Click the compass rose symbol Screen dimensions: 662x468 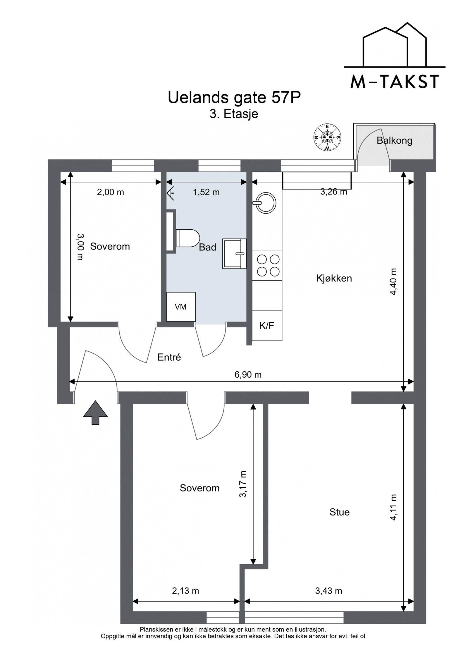327,137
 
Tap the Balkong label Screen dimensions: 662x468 394,141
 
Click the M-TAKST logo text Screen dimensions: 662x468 395,82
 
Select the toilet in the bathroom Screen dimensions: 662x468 187,238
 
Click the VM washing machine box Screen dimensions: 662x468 181,307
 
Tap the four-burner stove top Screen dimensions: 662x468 268,265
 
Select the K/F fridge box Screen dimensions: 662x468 267,326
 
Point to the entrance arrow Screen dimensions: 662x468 95,412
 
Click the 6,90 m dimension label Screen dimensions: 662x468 248,374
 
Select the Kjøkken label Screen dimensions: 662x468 334,278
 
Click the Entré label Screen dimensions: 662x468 169,357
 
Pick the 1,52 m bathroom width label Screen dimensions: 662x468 206,192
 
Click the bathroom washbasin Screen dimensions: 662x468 234,253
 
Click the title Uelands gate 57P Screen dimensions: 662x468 234,98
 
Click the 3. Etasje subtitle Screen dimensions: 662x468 234,114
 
